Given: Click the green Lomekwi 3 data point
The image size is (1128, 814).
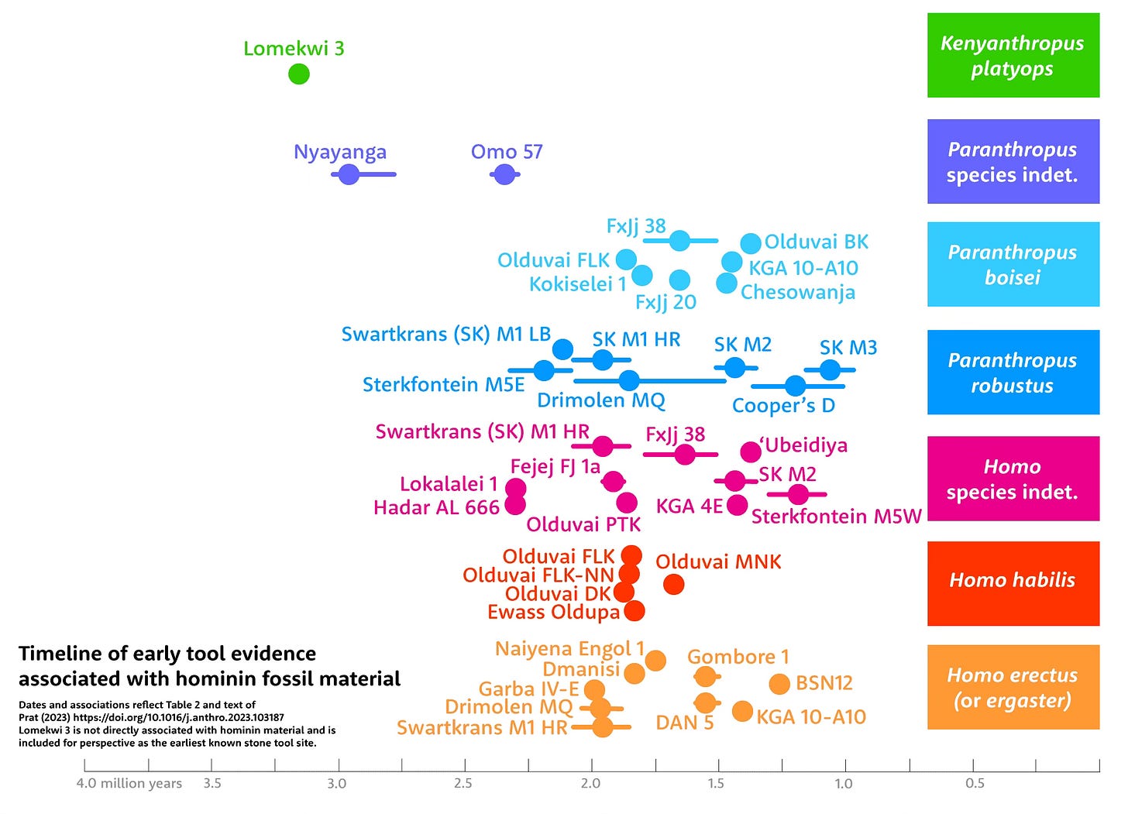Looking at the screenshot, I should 299,74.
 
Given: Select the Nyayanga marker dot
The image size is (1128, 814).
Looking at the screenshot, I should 349,174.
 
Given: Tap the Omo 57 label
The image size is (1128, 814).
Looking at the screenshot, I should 507,152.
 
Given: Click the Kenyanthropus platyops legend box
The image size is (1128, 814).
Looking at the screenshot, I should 1013,56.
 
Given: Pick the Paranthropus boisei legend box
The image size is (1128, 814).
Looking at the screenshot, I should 1013,265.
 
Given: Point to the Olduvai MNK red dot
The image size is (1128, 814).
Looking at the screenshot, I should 674,584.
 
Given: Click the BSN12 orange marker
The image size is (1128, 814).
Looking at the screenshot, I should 779,684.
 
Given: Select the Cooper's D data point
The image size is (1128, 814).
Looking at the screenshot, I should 795,386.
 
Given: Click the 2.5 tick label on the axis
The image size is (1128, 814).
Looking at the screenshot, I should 463,784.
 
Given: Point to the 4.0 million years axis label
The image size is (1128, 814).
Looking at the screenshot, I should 129,784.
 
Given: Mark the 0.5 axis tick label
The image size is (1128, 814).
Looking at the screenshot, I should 975,784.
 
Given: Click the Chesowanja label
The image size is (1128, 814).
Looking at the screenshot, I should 798,293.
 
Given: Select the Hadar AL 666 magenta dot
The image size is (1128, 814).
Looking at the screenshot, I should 515,505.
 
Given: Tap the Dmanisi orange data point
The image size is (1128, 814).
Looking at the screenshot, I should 634,673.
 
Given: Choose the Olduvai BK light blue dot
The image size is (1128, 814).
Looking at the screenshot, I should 751,243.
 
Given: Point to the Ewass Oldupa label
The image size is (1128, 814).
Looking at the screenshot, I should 553,613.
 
